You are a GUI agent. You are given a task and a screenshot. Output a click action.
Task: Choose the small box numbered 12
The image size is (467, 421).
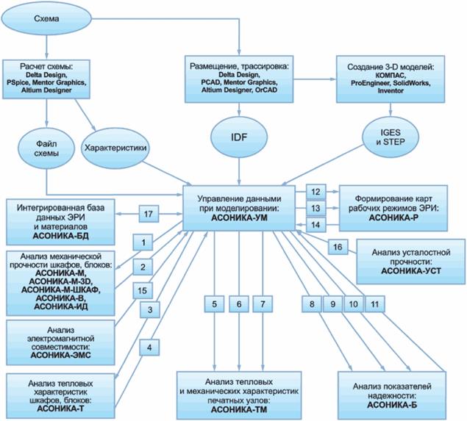pyautogui.click(x=315, y=193)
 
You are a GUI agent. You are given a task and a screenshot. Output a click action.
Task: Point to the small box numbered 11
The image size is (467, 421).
pyautogui.click(x=375, y=303)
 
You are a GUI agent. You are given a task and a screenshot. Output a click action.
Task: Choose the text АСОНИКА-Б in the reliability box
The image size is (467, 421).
pyautogui.click(x=393, y=403)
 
